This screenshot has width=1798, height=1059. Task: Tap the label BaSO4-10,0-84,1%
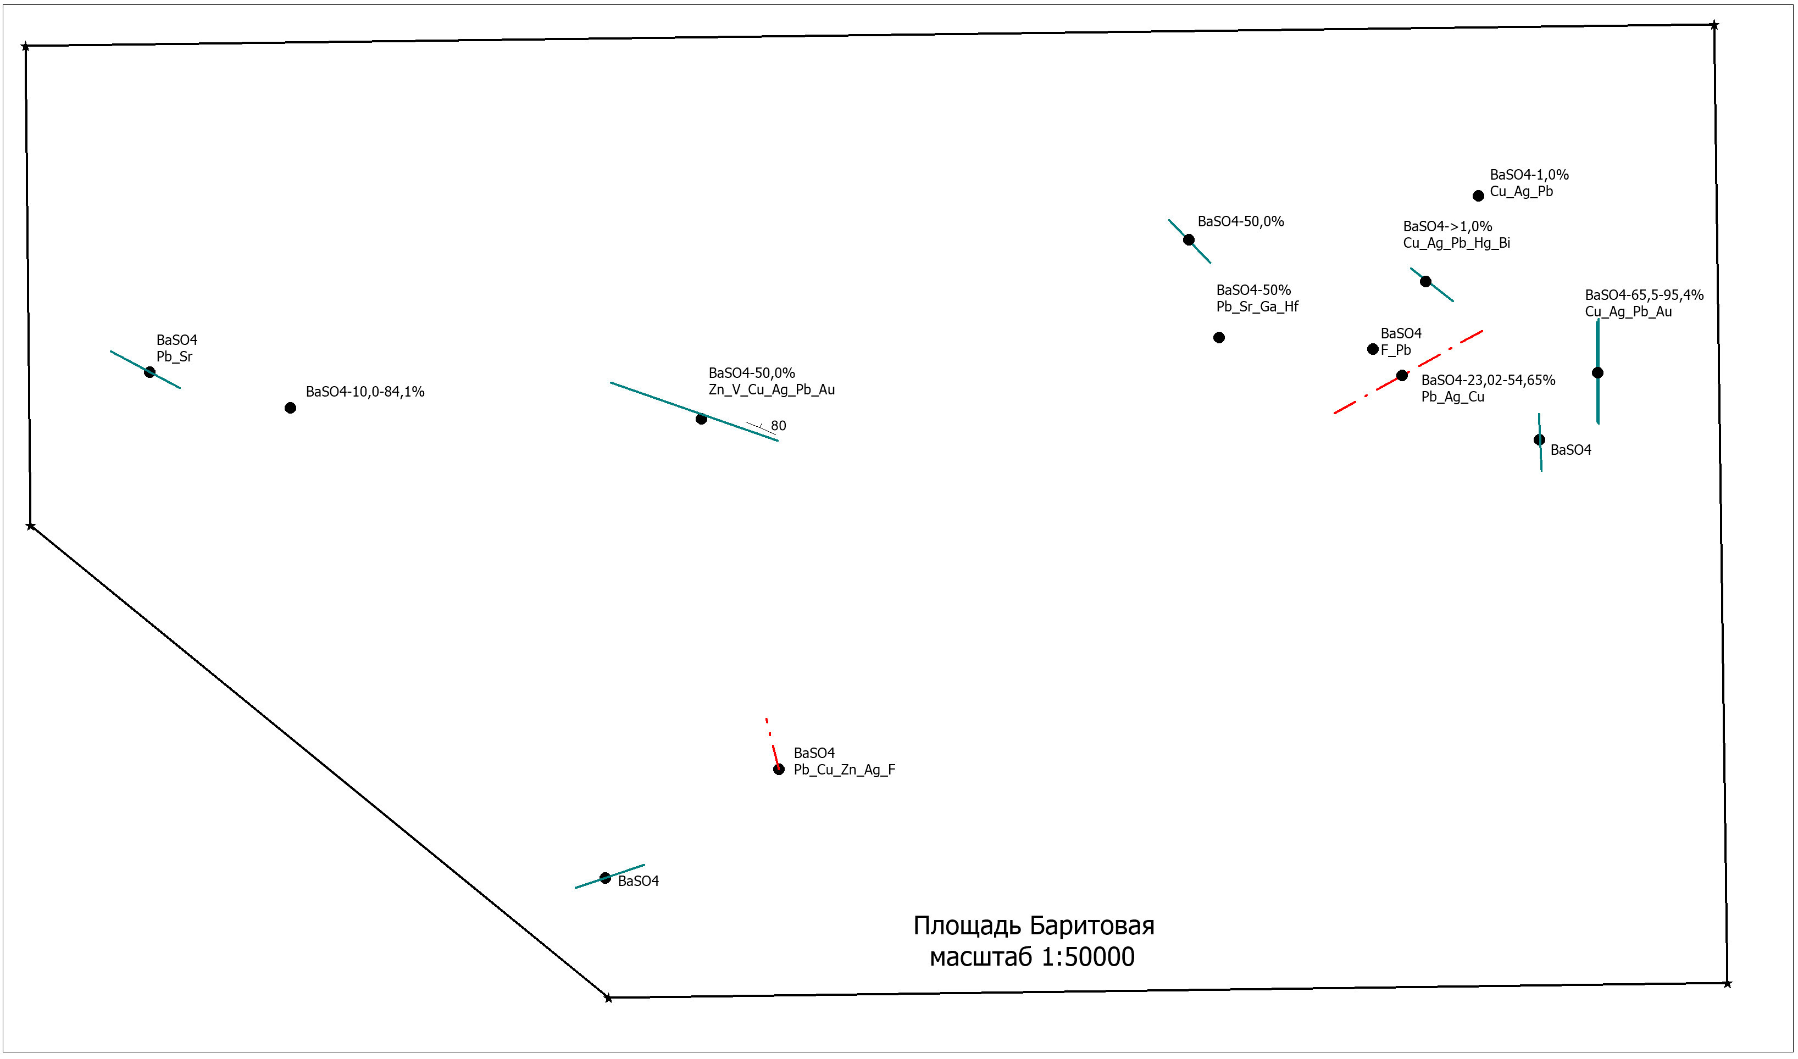(365, 392)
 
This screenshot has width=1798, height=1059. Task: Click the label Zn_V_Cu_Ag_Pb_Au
(772, 389)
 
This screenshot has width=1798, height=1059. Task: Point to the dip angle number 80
(779, 426)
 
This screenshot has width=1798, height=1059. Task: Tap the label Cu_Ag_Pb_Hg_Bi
(1457, 243)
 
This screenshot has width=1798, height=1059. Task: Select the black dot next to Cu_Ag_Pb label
(1478, 196)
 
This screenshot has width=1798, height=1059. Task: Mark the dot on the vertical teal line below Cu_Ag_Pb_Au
(1597, 373)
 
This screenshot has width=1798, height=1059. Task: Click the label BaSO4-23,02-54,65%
(1488, 380)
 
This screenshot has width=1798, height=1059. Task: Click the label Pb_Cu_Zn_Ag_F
(845, 770)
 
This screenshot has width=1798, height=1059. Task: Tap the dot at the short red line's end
(779, 770)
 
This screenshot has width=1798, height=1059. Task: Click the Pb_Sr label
(174, 357)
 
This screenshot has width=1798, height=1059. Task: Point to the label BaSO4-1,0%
(1529, 175)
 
